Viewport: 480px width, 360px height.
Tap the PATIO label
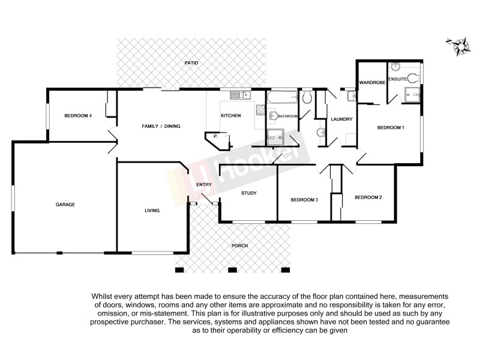(x=191, y=63)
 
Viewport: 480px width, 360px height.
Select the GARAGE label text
(x=65, y=205)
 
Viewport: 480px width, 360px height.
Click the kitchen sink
(x=241, y=94)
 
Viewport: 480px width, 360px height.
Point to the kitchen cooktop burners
(x=260, y=110)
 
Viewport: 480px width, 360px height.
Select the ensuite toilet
(x=412, y=76)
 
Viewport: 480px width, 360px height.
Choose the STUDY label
(x=249, y=193)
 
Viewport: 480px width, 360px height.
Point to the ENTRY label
(x=204, y=184)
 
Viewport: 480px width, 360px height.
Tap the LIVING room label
(x=152, y=211)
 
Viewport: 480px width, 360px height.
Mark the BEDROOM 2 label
(x=368, y=197)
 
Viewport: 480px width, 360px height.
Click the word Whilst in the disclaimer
(x=103, y=296)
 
